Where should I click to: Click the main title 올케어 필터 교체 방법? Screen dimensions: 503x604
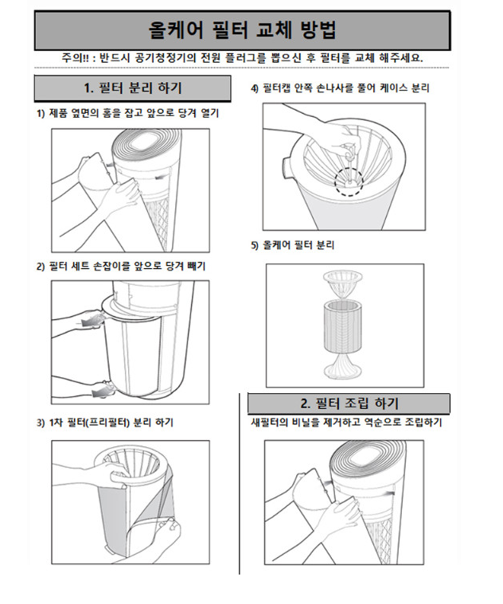[x=242, y=30]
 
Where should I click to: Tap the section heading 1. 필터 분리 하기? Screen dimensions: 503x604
[x=132, y=88]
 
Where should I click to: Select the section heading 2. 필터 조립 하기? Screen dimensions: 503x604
[x=349, y=403]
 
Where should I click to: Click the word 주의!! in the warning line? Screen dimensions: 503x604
[x=76, y=58]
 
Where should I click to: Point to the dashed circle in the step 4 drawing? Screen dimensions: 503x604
[x=349, y=181]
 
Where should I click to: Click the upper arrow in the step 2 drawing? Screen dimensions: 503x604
[x=92, y=321]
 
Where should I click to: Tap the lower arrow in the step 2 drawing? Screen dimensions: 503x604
[x=102, y=392]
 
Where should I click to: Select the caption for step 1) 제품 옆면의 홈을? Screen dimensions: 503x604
[x=127, y=113]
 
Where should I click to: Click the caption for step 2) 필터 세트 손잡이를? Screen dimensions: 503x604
[x=121, y=266]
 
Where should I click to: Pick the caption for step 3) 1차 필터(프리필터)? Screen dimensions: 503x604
[x=105, y=423]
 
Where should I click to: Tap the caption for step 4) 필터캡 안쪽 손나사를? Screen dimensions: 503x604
[x=340, y=88]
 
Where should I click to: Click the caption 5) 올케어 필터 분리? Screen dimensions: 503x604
[x=293, y=245]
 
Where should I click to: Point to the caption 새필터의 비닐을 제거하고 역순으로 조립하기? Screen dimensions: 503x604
[x=346, y=423]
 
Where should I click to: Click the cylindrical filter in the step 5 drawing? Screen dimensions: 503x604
[x=342, y=326]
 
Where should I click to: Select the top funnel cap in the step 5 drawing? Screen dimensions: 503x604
[x=343, y=283]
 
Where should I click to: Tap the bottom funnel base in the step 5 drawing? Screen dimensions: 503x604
[x=342, y=364]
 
